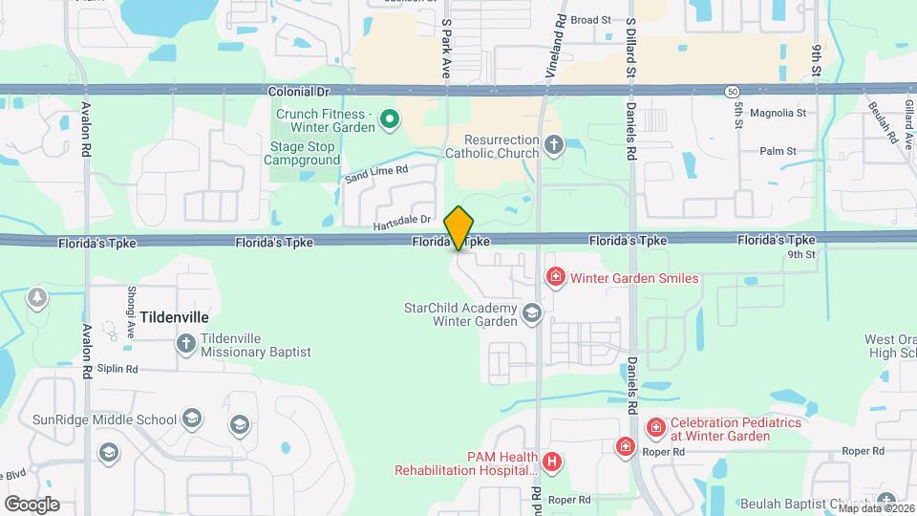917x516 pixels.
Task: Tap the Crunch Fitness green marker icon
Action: (x=390, y=119)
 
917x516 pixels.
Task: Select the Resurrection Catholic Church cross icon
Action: (x=553, y=146)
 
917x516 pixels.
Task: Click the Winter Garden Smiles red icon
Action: (x=555, y=278)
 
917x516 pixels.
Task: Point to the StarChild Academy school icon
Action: (x=532, y=312)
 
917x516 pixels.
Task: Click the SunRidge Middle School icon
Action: (x=192, y=419)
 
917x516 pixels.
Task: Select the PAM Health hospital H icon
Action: (x=551, y=462)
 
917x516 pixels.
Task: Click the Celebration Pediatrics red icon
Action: (x=655, y=428)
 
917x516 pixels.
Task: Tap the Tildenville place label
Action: (x=174, y=315)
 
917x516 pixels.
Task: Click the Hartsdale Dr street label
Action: (x=403, y=221)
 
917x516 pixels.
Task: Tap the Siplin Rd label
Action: (x=118, y=369)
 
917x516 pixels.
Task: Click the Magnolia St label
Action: (x=778, y=113)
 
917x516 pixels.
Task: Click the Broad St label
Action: (x=590, y=19)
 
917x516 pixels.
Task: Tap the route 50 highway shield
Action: (x=730, y=90)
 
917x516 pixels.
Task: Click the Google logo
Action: (x=32, y=504)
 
